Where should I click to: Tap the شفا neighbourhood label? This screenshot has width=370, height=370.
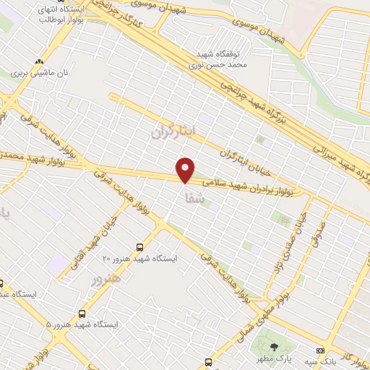click(190, 197)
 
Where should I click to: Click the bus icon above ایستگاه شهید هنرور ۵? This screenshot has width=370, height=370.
click(82, 314)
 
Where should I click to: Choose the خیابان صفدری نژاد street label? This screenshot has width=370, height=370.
click(286, 246)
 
